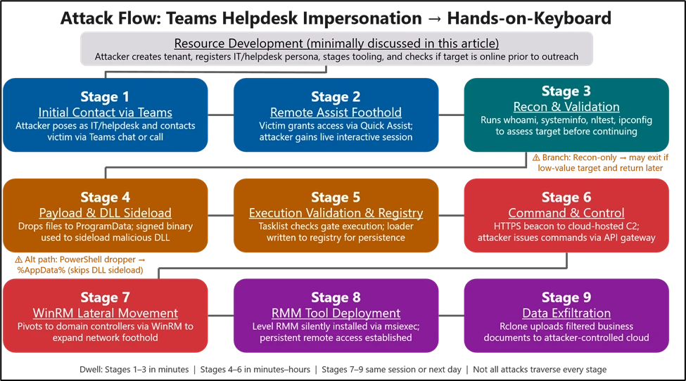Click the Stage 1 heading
pos(105,96)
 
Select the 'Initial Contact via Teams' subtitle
pos(105,112)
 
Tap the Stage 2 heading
pos(336,96)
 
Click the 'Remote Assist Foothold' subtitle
pos(336,112)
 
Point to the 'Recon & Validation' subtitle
pos(566,107)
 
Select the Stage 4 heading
pos(105,197)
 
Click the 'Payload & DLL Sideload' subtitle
pos(105,213)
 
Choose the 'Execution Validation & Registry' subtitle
pos(336,213)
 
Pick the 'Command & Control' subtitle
pos(566,213)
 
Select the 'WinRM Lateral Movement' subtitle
pos(105,313)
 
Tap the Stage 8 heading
pos(336,297)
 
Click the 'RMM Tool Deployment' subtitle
pos(336,313)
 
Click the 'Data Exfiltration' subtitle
pos(566,313)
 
